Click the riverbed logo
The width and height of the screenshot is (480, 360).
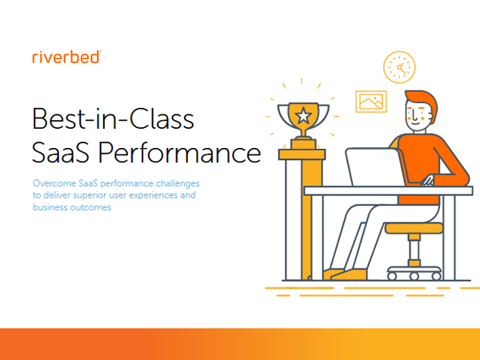[66, 57]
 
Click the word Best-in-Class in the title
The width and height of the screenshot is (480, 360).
[113, 118]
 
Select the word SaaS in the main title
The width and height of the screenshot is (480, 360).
[61, 152]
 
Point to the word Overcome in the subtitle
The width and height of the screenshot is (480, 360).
[54, 183]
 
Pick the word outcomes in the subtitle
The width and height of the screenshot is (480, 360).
[90, 207]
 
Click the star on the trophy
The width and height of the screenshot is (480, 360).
[303, 116]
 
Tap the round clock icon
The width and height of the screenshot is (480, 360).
[399, 67]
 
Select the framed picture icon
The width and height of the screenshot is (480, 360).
[371, 102]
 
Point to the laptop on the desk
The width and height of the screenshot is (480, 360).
[376, 166]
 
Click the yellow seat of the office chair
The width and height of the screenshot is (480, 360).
[414, 228]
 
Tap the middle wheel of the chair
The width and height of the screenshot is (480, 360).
[414, 277]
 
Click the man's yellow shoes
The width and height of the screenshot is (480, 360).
[345, 274]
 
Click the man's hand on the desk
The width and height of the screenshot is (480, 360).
[428, 181]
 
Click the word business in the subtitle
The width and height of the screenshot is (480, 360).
[50, 207]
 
